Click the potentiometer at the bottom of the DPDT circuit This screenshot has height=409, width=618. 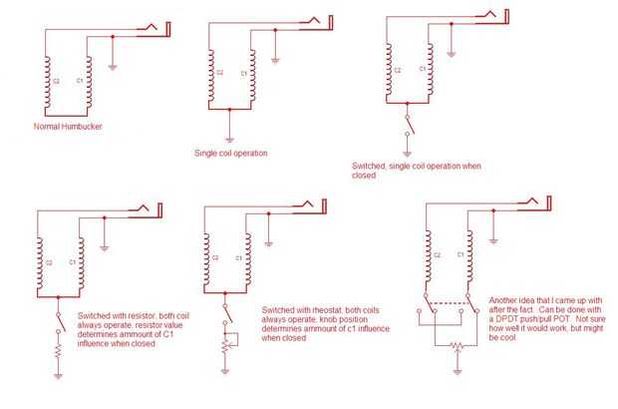[456, 346]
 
